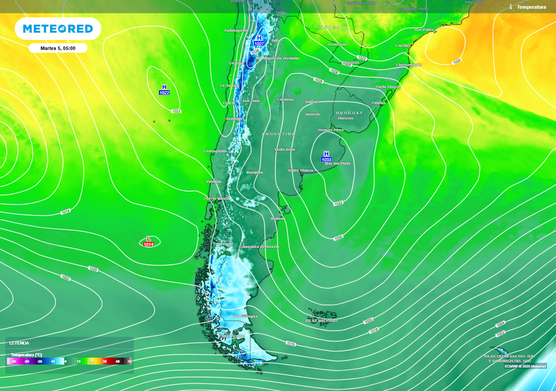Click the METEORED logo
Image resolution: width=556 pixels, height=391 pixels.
tap(58, 29)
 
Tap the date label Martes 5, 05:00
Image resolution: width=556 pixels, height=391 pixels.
tap(58, 48)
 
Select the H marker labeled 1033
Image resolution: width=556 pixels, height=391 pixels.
tap(326, 156)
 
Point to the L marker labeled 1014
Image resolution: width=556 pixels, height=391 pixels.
tap(149, 242)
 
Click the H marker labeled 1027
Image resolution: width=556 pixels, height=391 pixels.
tap(259, 40)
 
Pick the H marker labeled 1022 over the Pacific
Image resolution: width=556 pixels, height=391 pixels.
tap(164, 90)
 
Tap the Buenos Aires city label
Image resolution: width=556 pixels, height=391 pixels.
tap(330, 130)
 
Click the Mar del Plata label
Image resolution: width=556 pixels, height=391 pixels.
tap(337, 163)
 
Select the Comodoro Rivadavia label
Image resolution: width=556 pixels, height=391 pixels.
tap(259, 247)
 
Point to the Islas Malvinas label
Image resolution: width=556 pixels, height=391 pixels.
tap(321, 320)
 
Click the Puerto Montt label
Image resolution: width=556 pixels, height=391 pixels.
tap(216, 199)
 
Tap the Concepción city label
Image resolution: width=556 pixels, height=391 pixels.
tap(214, 151)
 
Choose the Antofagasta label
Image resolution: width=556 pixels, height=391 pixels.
tap(236, 30)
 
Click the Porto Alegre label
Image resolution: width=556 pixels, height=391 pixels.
tap(388, 87)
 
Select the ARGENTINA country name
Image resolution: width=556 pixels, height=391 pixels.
tap(279, 134)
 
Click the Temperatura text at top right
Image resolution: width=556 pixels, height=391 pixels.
tap(532, 7)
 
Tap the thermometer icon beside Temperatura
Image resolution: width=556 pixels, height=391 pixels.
tap(511, 7)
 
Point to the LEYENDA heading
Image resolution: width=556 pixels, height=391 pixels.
tap(19, 343)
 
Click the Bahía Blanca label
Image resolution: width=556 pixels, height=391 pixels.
tap(300, 171)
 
